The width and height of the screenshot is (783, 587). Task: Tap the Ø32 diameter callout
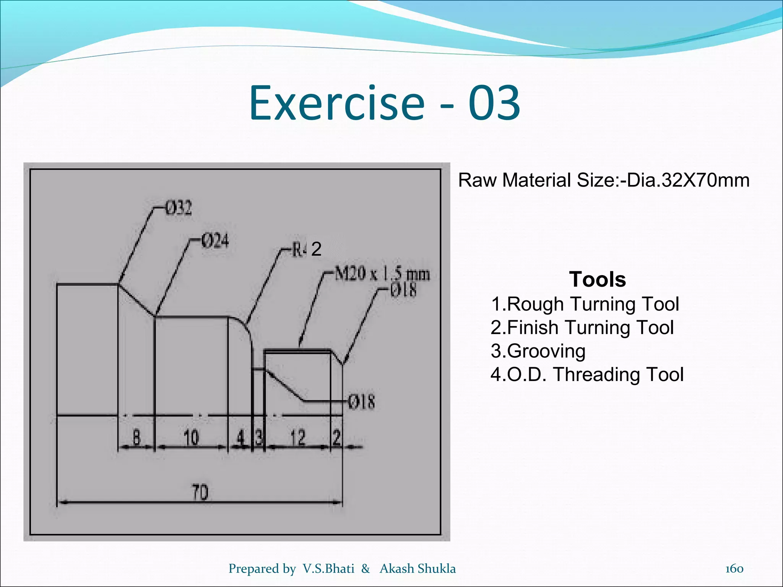[178, 208]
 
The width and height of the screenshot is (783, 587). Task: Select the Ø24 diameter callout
[215, 241]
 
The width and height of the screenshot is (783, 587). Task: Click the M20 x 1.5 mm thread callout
[382, 274]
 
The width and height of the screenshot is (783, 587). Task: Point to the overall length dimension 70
[200, 492]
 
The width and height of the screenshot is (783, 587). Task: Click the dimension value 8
[136, 437]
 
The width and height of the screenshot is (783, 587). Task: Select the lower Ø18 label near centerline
[361, 402]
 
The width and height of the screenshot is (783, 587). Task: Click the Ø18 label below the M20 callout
[403, 290]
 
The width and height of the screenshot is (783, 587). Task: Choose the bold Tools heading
[597, 279]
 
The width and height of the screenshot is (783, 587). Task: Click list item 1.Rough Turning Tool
[585, 304]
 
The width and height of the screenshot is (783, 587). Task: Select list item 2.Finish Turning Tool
[582, 328]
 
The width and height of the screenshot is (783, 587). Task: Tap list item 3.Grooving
[538, 351]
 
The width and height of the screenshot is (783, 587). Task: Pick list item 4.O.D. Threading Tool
[587, 375]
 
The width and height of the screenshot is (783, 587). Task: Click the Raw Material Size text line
[604, 180]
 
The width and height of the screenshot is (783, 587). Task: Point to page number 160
[734, 569]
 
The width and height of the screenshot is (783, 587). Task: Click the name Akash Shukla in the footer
[417, 569]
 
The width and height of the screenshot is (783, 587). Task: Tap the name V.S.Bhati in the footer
[328, 569]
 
